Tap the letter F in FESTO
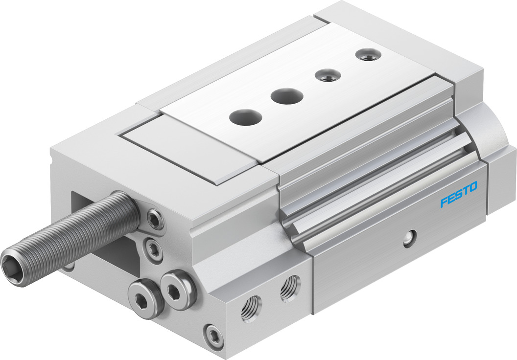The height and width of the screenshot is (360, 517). click(x=444, y=202)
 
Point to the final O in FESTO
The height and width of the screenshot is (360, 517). click(x=473, y=187)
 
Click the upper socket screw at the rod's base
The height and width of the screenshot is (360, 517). click(x=154, y=218)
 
